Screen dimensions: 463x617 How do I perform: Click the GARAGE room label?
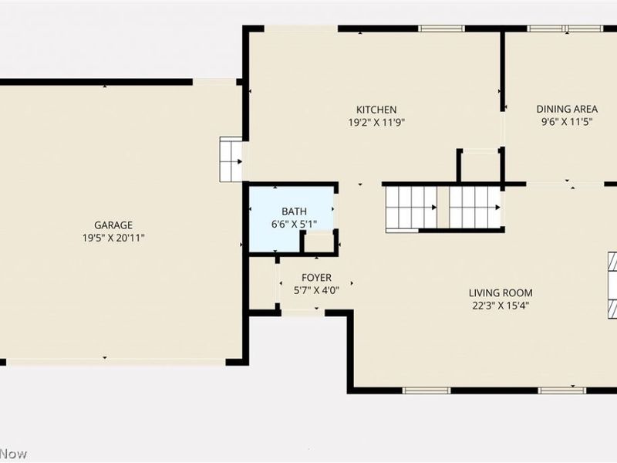tap(113, 225)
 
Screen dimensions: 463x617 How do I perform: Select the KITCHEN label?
tap(376, 110)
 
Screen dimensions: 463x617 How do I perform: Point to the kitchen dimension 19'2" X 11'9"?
tap(376, 122)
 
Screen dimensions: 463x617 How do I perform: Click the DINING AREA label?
tap(567, 110)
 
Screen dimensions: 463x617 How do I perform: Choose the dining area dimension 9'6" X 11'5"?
tap(567, 122)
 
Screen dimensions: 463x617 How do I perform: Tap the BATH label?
tap(294, 211)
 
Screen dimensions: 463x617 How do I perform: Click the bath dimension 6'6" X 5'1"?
tap(294, 224)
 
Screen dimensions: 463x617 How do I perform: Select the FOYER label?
tap(316, 277)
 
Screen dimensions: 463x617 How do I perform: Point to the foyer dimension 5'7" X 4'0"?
tap(316, 290)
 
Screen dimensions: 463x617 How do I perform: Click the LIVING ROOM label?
tap(501, 292)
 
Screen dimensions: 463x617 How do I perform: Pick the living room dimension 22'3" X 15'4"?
tap(501, 306)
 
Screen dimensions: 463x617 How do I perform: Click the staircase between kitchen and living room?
tap(443, 207)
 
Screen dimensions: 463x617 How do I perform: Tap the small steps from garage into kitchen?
tap(231, 160)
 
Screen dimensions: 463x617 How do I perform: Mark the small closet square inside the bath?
tap(318, 242)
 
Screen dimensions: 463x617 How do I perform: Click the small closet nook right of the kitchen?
tap(479, 166)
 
